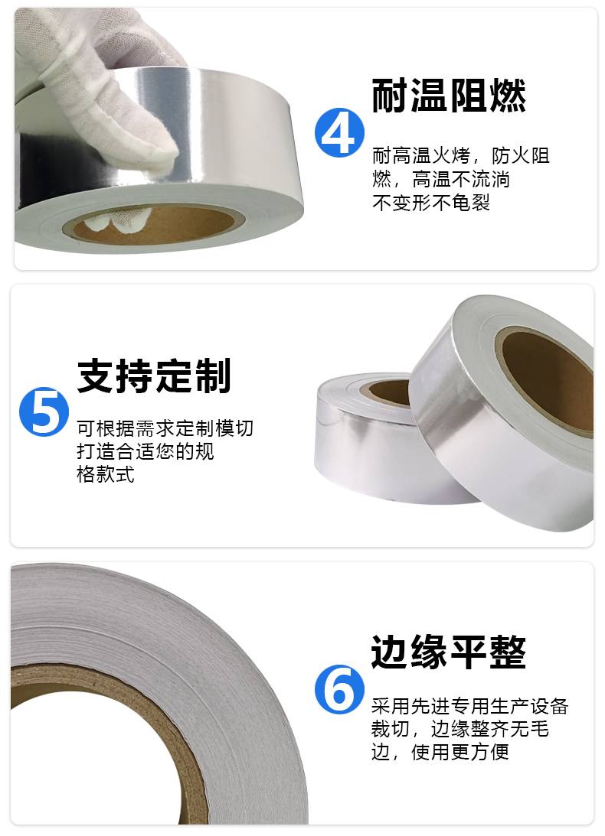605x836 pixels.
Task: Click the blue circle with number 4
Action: point(339,132)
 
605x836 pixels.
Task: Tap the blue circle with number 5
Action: point(44,411)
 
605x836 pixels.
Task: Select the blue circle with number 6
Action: point(339,689)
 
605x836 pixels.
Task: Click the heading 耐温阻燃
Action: point(449,96)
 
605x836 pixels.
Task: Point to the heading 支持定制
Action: point(154,376)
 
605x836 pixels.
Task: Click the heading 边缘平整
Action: point(449,652)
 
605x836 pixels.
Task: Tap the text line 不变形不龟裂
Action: point(431,203)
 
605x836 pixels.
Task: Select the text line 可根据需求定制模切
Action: point(165,428)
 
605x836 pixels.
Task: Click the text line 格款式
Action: point(106,474)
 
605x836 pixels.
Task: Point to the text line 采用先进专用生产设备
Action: point(470,706)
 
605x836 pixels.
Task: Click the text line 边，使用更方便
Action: point(440,752)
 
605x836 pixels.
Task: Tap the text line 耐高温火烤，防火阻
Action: point(461,156)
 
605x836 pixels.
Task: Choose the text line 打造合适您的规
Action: point(146,451)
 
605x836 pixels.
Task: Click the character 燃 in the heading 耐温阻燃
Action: point(508,96)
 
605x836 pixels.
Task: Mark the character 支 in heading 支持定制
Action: point(96,376)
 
